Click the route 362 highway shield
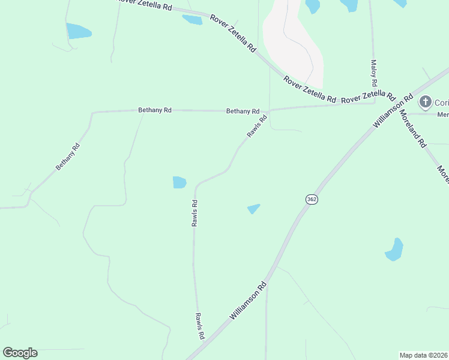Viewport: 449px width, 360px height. [x=311, y=199]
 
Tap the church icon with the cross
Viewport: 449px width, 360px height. [x=426, y=101]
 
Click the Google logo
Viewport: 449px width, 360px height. [x=20, y=352]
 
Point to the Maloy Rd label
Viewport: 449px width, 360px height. [x=373, y=72]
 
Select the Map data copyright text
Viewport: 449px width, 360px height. [x=423, y=355]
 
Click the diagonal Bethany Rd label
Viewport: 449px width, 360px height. [x=68, y=157]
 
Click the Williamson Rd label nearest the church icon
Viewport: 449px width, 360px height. [x=393, y=110]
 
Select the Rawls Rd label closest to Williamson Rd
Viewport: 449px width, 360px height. [x=200, y=326]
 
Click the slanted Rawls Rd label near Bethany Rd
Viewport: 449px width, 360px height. [x=256, y=126]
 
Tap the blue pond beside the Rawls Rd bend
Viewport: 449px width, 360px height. [x=179, y=182]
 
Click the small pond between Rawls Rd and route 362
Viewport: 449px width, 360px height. [x=254, y=209]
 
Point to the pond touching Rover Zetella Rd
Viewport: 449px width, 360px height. [x=193, y=20]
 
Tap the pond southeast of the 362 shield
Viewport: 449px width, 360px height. [x=394, y=250]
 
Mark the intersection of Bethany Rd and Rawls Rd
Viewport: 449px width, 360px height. [x=268, y=111]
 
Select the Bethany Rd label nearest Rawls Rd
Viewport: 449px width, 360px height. [x=243, y=111]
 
